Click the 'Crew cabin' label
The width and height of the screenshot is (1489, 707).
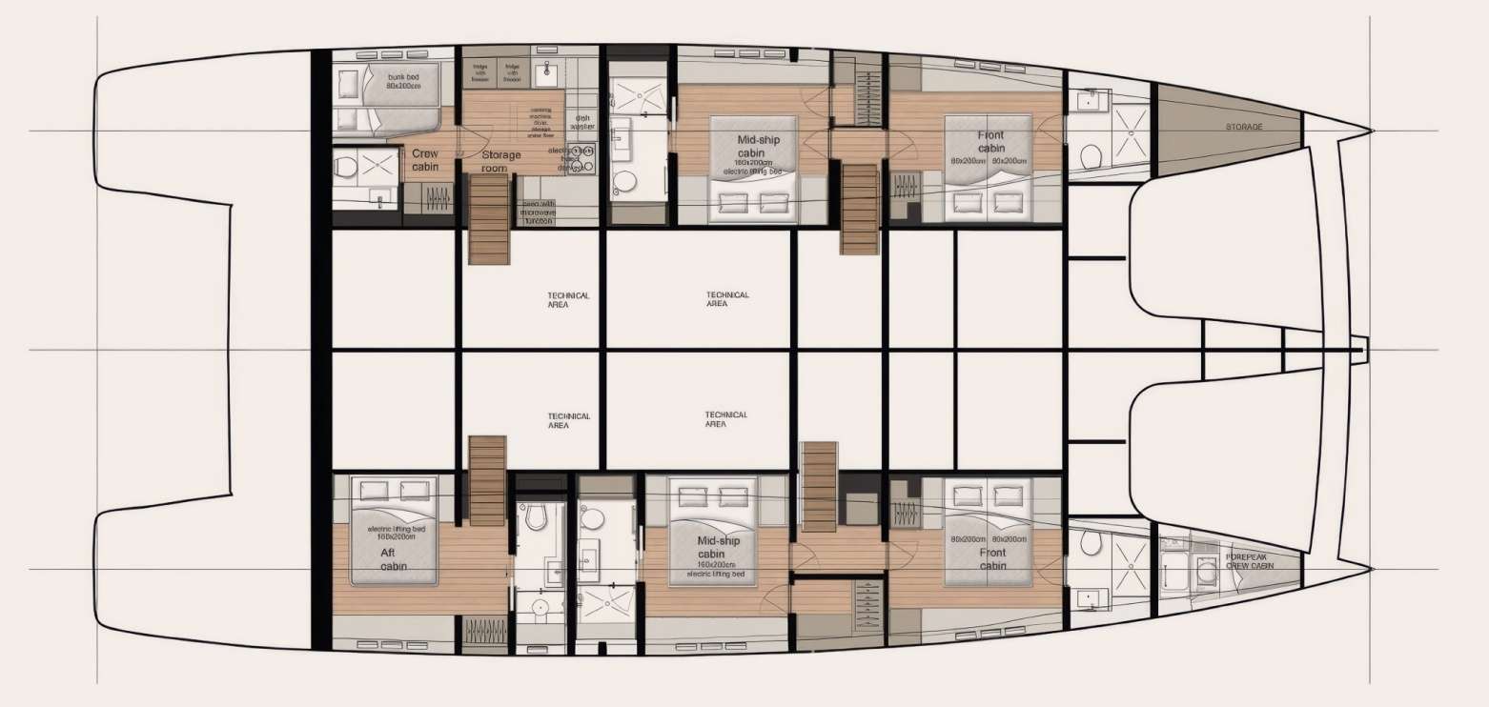425,160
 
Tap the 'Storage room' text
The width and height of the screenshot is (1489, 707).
501,162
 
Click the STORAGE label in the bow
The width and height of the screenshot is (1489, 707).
1245,127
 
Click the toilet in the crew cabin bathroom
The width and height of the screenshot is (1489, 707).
347,167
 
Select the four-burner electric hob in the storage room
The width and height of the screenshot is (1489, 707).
581,159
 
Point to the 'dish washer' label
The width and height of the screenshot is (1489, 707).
582,123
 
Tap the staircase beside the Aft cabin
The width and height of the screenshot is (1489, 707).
487,479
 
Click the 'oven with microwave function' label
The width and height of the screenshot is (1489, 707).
538,213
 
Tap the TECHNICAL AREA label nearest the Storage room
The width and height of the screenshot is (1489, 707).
569,299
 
